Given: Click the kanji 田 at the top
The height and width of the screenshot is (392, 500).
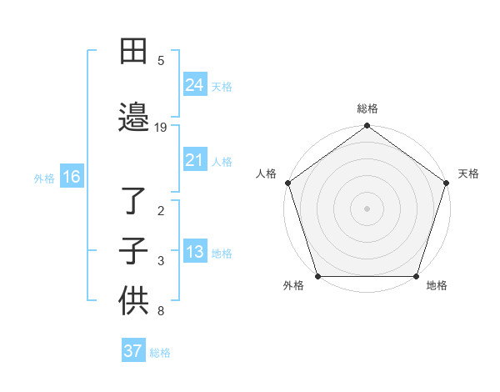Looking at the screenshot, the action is pos(133,53).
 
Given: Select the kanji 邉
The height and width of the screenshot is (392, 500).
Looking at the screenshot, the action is pos(133,117).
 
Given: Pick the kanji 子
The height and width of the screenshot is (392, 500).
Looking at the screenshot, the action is pos(133,251).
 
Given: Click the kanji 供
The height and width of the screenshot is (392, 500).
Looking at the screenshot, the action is pos(133,301).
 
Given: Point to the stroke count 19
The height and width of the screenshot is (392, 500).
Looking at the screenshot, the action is pos(161,128).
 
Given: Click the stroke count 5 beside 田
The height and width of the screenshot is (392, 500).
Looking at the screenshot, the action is pos(161,60).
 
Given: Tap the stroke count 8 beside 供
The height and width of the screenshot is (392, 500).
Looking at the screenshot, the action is pos(161,312).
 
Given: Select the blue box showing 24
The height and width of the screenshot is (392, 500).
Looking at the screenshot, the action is pos(194,85).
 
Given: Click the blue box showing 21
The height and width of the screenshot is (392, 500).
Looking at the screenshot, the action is pos(194,160).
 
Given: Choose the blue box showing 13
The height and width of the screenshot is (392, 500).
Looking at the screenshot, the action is pos(194,252).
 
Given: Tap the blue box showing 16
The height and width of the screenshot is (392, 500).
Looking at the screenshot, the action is pos(71,177).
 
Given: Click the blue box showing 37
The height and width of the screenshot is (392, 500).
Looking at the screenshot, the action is pos(132,351).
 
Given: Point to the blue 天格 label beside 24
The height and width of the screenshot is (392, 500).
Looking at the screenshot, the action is pos(222,87).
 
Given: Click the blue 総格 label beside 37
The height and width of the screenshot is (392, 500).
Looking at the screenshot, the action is pos(160,353).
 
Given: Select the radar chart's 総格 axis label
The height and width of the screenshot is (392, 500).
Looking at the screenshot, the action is pos(367,108).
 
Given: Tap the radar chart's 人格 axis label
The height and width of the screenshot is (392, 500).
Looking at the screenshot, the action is pos(267,173).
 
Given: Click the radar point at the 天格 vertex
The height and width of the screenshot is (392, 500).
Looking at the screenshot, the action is pos(447,183).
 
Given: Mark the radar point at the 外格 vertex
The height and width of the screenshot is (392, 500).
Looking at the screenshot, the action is pos(317,276).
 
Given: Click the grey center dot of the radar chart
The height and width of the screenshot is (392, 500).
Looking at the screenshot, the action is pos(367,208).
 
